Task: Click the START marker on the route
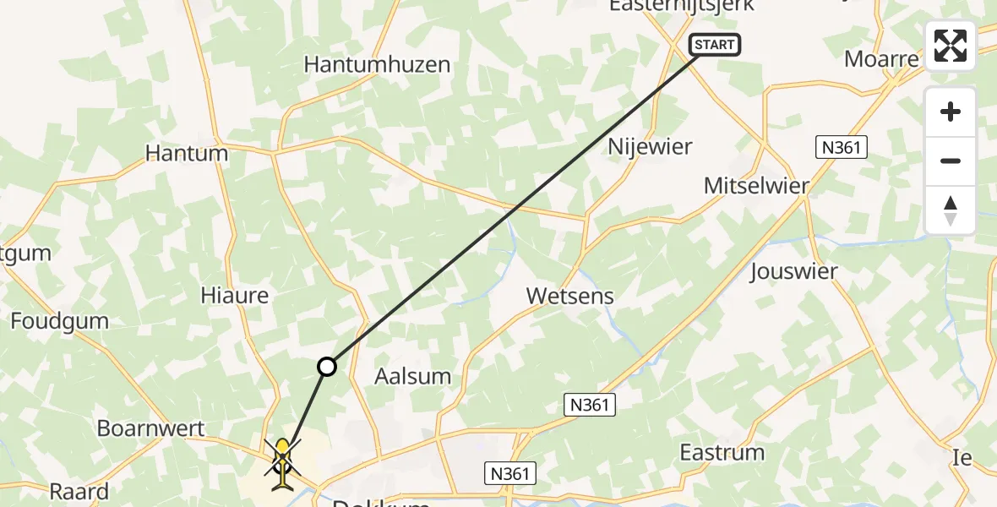(x=715, y=45)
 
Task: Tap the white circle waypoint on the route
(x=326, y=367)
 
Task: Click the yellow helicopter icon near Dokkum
(x=282, y=461)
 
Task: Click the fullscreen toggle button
(x=951, y=46)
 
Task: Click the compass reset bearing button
(x=951, y=210)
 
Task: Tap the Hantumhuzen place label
(x=377, y=65)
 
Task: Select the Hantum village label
(x=187, y=154)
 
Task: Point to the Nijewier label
(x=650, y=147)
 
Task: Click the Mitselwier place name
(x=757, y=187)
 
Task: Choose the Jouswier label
(x=793, y=272)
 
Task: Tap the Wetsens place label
(x=569, y=297)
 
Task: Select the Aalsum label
(x=412, y=376)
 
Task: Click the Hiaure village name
(x=235, y=296)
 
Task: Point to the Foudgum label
(x=60, y=321)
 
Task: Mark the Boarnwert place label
(x=151, y=428)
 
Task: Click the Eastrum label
(x=722, y=452)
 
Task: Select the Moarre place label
(x=881, y=60)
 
